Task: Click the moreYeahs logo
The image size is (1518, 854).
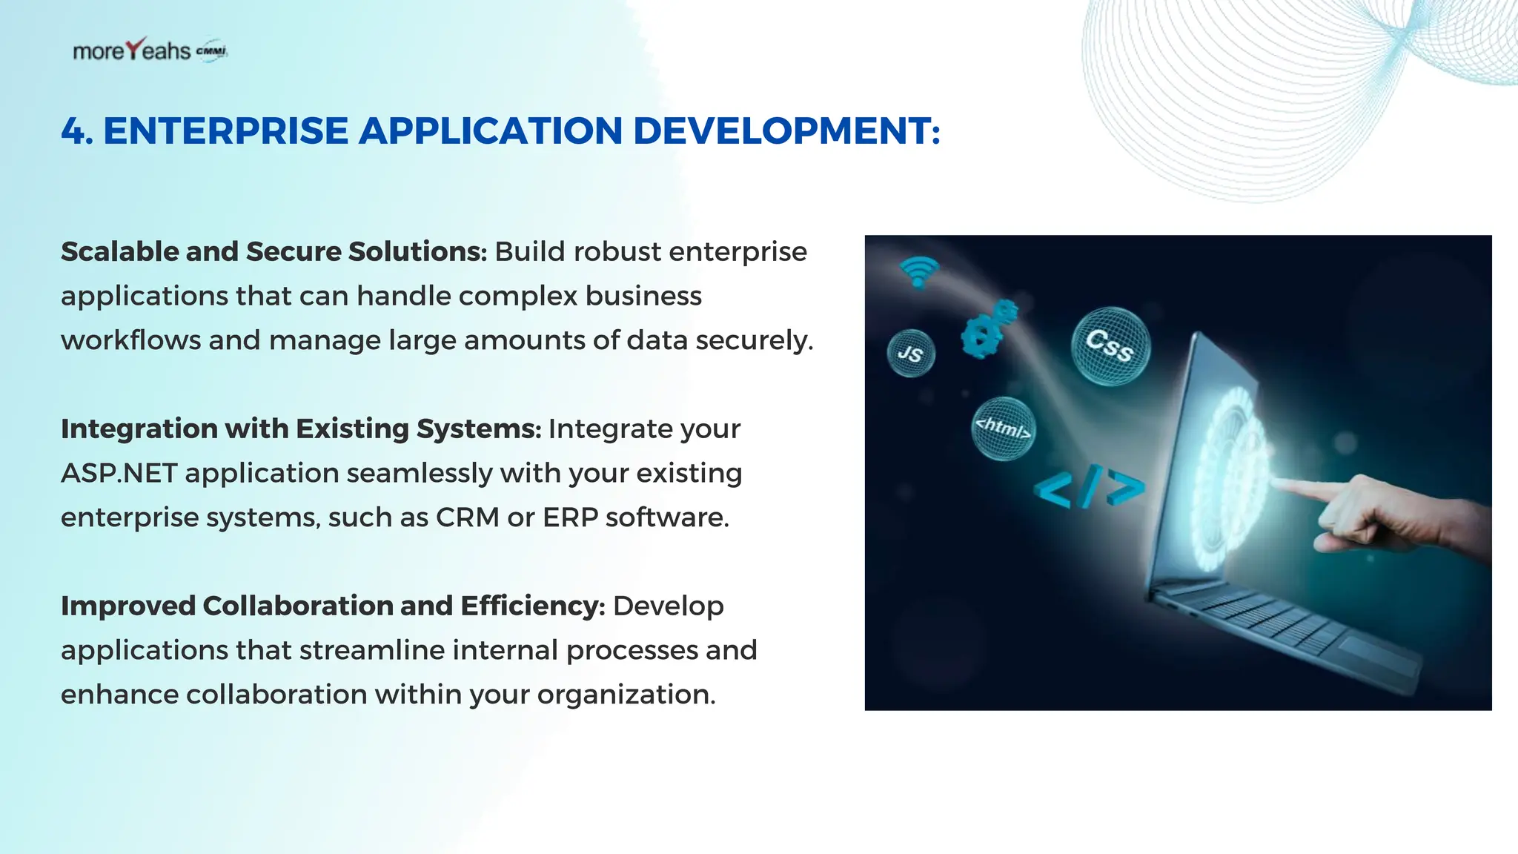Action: (x=148, y=50)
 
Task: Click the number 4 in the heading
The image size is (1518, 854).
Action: (x=73, y=131)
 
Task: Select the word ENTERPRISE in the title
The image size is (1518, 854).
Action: (x=225, y=131)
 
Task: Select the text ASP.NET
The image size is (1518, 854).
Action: (x=119, y=473)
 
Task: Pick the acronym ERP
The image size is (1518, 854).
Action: (x=570, y=517)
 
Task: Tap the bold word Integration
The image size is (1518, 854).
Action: (x=138, y=429)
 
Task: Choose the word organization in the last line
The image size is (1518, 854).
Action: (x=626, y=695)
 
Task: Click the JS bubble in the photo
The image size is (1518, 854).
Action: (x=910, y=354)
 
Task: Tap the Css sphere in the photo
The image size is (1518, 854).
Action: (x=1110, y=346)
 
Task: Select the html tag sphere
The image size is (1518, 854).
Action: (x=1003, y=428)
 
